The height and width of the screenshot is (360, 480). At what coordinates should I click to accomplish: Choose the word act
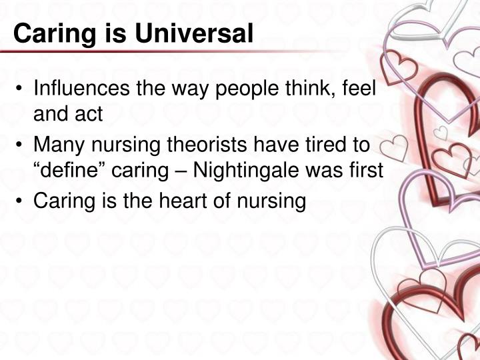(91, 115)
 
